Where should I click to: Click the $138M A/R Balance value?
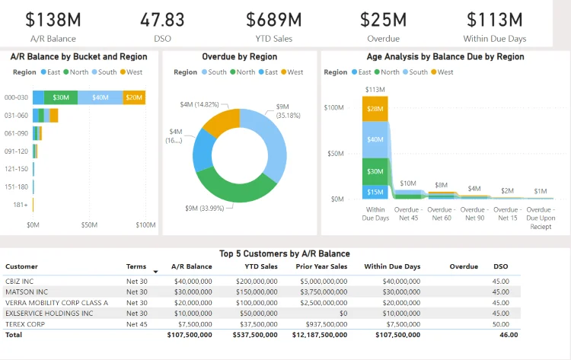53,20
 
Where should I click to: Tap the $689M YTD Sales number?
274,20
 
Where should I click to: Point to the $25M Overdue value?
384,20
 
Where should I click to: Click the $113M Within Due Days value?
495,20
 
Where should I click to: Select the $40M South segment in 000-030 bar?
100,97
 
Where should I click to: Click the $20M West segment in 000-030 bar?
134,97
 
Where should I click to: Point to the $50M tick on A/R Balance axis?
89,225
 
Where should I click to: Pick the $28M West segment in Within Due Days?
375,109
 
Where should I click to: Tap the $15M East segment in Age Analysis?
375,192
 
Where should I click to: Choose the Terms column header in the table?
136,266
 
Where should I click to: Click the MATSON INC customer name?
27,292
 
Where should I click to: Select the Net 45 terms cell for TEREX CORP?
137,323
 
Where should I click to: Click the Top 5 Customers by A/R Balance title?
284,253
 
